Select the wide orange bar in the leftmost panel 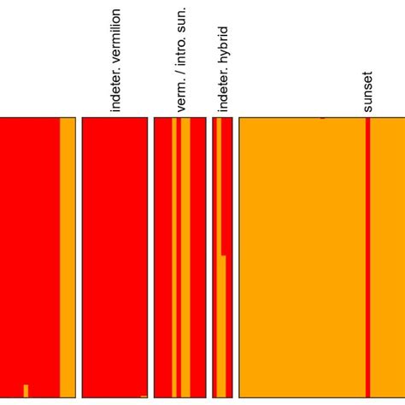click(x=67, y=256)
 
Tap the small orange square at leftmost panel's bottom click(x=26, y=391)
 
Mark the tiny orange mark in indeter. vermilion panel click(x=143, y=396)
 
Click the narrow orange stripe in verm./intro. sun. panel click(x=173, y=256)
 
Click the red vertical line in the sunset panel click(x=367, y=256)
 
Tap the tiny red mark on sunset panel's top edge click(x=322, y=118)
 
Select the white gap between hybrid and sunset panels click(x=236, y=256)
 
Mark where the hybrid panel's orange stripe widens click(x=222, y=255)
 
